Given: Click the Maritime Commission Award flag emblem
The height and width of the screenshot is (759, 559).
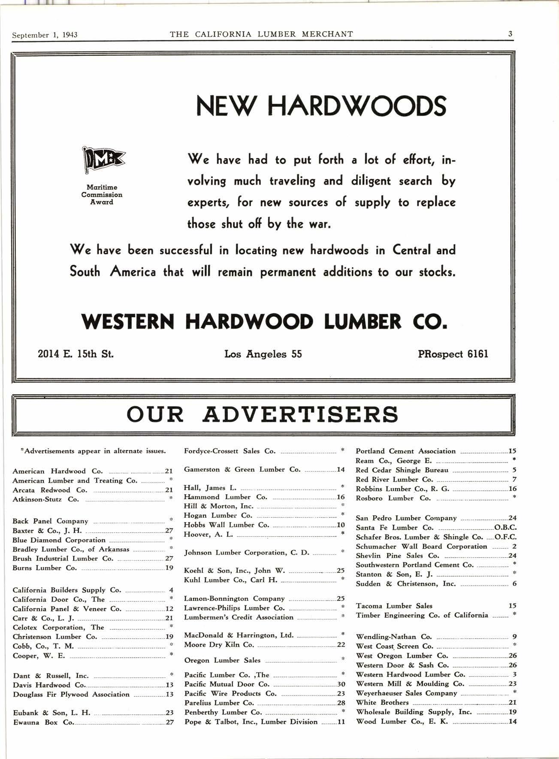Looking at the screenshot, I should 103,160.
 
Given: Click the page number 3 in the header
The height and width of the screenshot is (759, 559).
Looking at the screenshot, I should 510,34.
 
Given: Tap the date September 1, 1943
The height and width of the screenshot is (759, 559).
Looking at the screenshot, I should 45,35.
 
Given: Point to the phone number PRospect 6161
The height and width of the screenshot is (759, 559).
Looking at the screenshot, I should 453,354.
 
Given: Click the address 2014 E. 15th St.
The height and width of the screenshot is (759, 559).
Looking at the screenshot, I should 76,354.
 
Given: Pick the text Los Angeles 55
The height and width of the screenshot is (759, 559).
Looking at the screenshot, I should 263,354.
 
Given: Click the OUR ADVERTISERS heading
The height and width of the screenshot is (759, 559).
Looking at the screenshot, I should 263,414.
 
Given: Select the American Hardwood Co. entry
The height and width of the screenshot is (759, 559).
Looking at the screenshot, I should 57,471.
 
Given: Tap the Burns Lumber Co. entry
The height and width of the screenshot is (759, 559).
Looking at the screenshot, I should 45,568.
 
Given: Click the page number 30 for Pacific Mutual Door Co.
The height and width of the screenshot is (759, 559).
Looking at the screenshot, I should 341,684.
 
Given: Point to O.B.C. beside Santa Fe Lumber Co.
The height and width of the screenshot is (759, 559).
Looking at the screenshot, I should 505,528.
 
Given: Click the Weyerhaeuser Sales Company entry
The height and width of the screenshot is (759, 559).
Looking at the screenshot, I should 406,693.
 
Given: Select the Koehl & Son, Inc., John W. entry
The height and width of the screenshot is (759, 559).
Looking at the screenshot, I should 234,571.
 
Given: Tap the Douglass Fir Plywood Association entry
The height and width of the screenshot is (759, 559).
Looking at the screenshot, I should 71,695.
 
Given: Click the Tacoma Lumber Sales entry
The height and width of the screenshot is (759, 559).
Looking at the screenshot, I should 394,606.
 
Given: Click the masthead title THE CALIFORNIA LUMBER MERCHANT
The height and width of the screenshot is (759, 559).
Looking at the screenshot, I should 261,34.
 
